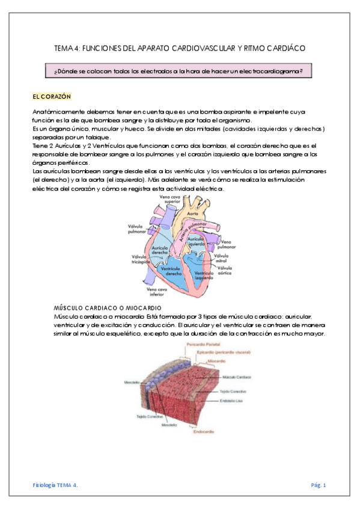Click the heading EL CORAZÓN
pyautogui.click(x=52, y=96)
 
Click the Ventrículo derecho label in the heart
pyautogui.click(x=174, y=271)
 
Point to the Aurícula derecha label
pyautogui.click(x=159, y=250)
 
